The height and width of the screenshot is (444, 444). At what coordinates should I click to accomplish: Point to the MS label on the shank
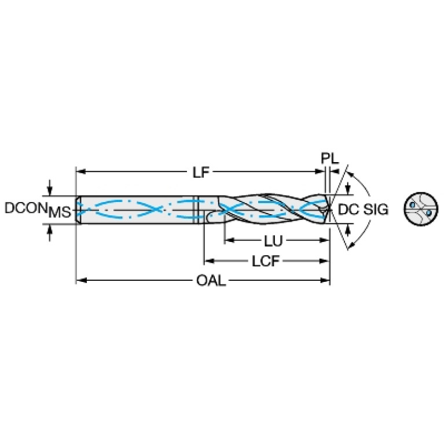pos(60,212)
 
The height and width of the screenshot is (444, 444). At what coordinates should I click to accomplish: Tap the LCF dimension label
pos(266,261)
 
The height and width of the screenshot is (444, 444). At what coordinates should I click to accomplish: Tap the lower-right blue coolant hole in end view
pos(428,213)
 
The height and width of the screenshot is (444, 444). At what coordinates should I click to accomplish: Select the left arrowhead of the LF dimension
pos(80,172)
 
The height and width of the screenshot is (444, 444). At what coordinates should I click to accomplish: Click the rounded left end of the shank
pos(78,209)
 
